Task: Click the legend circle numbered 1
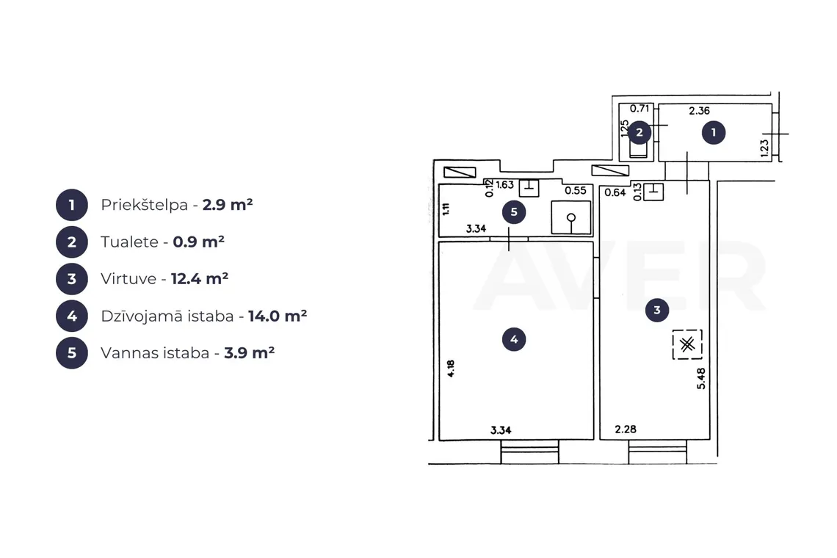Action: pos(72,205)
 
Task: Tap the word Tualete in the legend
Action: pos(130,242)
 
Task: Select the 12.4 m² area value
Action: pos(200,278)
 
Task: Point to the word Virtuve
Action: pos(128,279)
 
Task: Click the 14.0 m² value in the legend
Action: pos(278,316)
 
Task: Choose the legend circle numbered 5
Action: pos(72,353)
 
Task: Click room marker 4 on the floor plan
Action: pos(514,339)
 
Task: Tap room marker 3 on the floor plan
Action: pos(657,310)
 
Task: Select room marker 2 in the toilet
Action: pos(639,132)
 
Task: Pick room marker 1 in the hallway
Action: pos(714,132)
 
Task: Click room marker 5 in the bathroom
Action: pos(514,212)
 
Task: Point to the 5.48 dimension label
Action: pos(701,379)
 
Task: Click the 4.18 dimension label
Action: pos(451,369)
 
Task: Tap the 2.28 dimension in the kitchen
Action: pos(626,429)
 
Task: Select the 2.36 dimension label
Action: pos(699,111)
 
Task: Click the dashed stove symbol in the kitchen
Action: pos(687,344)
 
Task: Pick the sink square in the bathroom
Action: pos(571,217)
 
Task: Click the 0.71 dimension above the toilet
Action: pos(639,109)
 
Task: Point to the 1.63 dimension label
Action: pos(504,185)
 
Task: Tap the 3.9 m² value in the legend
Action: pos(250,353)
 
